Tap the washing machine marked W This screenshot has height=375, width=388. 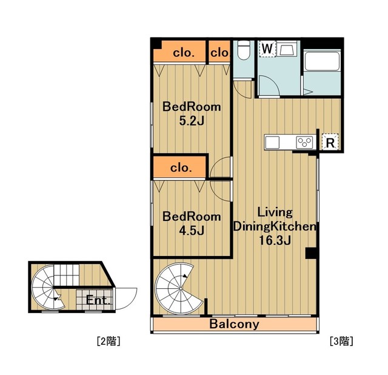click(267, 49)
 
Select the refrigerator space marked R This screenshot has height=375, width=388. click(330, 142)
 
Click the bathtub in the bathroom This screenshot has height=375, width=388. click(322, 61)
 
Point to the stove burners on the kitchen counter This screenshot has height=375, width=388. click(304, 143)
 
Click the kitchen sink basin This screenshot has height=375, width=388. click(272, 143)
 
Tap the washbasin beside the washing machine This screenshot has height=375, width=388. click(287, 49)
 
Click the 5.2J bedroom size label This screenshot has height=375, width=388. click(192, 121)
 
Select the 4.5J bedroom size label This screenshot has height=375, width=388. click(192, 231)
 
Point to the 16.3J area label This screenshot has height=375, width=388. click(275, 240)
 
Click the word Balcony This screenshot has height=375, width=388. click(235, 324)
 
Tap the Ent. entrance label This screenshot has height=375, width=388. click(98, 300)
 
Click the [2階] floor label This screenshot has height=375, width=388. click(109, 341)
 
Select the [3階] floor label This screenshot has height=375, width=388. click(341, 341)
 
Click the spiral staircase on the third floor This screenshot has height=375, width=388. click(178, 289)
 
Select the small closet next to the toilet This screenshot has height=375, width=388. click(219, 52)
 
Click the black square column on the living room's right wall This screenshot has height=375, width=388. click(311, 253)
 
